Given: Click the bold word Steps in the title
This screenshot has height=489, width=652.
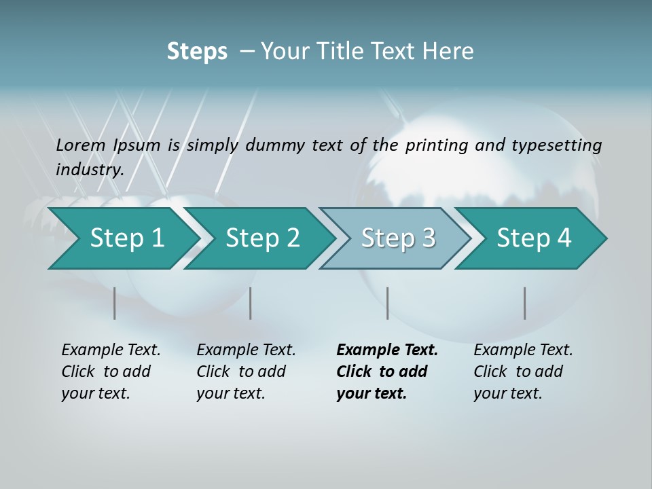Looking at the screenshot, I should [x=197, y=52].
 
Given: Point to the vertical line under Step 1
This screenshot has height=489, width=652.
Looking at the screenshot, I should [x=115, y=303].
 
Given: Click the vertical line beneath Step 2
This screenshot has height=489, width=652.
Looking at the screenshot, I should [x=251, y=303].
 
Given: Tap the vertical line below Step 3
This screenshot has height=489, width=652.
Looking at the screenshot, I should [x=387, y=303].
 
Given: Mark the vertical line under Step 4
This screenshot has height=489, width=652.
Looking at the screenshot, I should [x=525, y=303].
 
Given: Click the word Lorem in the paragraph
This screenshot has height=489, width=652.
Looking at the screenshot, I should [x=81, y=145].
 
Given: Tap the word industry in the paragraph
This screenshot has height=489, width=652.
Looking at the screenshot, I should [x=90, y=169].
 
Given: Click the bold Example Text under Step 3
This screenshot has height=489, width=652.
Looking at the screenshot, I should [x=387, y=350].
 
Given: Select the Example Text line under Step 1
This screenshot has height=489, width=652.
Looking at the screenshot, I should [x=111, y=350].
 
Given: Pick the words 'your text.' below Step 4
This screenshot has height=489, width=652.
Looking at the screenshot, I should [x=507, y=393].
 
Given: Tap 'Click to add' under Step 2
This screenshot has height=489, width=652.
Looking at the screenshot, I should [x=241, y=372].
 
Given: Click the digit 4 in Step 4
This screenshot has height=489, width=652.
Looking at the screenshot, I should [x=564, y=238].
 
